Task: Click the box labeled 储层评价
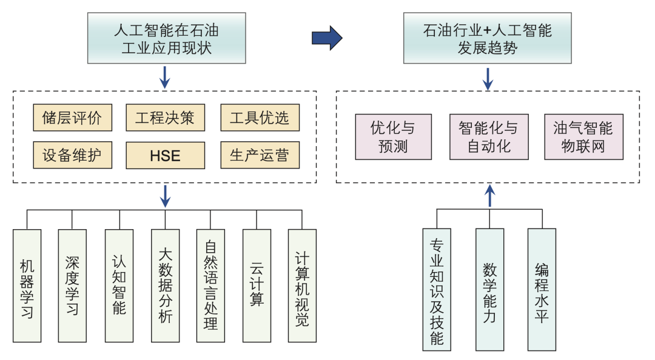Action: tap(73, 118)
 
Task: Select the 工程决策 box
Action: tap(165, 118)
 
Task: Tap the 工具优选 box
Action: tap(260, 118)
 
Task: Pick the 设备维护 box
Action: tap(73, 156)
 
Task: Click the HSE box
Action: tap(165, 156)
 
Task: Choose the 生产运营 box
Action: tap(260, 156)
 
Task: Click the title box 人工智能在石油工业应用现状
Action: tap(166, 38)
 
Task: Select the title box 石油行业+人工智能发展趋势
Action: tap(488, 38)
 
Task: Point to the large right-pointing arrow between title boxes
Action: tap(327, 38)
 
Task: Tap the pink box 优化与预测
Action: tap(393, 137)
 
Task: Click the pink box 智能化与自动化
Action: tap(489, 137)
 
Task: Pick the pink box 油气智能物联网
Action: tap(583, 137)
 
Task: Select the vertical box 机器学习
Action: tap(27, 285)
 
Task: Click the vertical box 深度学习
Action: tap(73, 285)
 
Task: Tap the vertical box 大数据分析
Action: tap(165, 285)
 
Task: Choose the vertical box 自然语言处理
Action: tap(210, 285)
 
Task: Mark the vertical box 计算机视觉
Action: tap(302, 285)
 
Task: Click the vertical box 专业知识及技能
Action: tap(437, 290)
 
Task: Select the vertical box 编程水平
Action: tap(542, 290)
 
